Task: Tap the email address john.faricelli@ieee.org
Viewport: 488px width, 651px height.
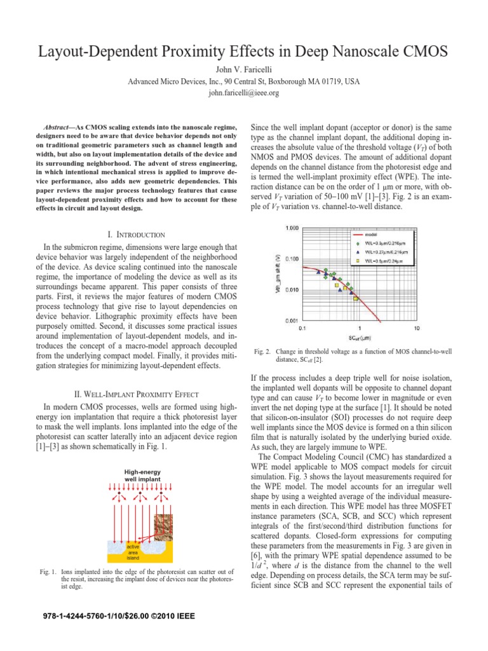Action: point(244,93)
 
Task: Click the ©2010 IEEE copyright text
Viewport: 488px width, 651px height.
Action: point(170,616)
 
